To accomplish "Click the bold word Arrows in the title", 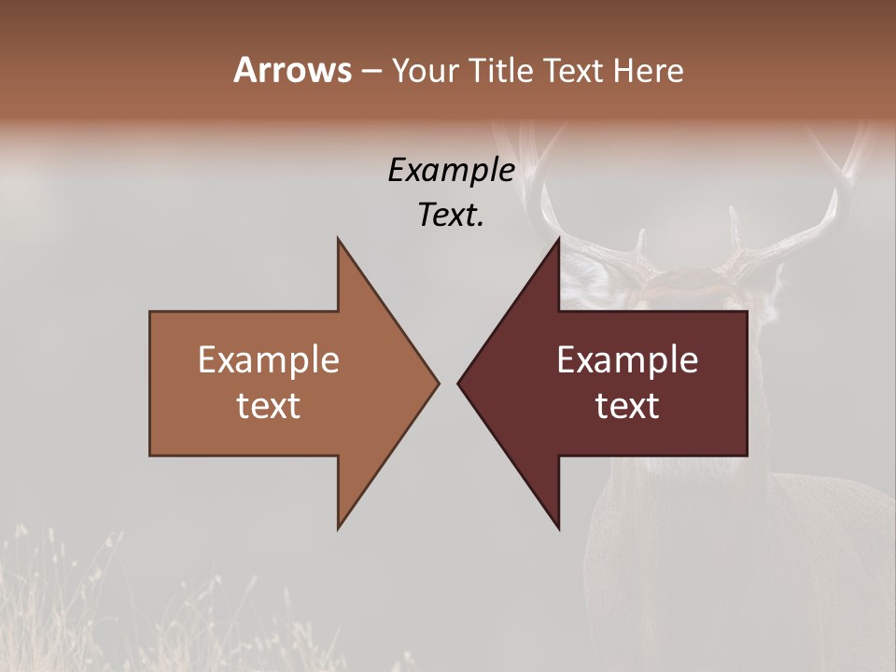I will (x=292, y=70).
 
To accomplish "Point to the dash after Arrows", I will (x=371, y=72).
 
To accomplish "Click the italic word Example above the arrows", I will (x=451, y=171).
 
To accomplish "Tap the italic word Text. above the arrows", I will (x=451, y=216).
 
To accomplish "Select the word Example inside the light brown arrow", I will (x=269, y=360).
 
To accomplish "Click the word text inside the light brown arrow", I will (x=269, y=406).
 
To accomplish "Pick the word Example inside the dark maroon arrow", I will (x=627, y=360).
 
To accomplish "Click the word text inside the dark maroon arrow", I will (x=627, y=406).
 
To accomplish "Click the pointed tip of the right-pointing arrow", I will (x=439, y=383).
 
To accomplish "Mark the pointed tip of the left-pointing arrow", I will (x=458, y=383).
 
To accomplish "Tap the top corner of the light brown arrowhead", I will (x=339, y=239).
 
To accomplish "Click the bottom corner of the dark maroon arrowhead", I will (x=558, y=528).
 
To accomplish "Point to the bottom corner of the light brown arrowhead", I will (x=339, y=528).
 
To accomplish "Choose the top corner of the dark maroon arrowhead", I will (x=558, y=239).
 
